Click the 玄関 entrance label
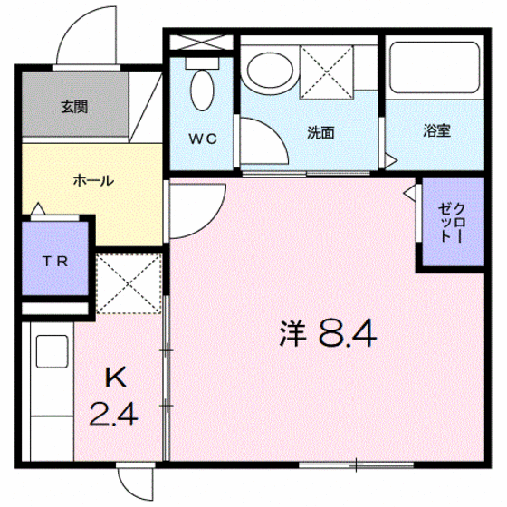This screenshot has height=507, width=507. [x=74, y=107]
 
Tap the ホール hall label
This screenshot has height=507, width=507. [x=93, y=180]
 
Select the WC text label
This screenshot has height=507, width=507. [x=203, y=139]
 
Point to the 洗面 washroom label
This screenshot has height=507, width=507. [x=320, y=132]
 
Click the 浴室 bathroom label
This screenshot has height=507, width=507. [x=436, y=130]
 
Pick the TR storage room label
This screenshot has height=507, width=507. [x=55, y=261]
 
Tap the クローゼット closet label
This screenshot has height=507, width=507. [x=452, y=223]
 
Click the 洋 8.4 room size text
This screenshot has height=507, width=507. [x=328, y=333]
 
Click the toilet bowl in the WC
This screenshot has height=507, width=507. [x=203, y=91]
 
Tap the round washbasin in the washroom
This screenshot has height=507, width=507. [x=271, y=71]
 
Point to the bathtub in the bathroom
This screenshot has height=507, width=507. [x=435, y=68]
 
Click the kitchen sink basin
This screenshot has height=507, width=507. [x=53, y=351]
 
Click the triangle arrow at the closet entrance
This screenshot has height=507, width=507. [x=409, y=194]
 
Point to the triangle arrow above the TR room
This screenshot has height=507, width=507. [x=38, y=208]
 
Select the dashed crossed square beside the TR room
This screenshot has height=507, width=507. [x=129, y=284]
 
